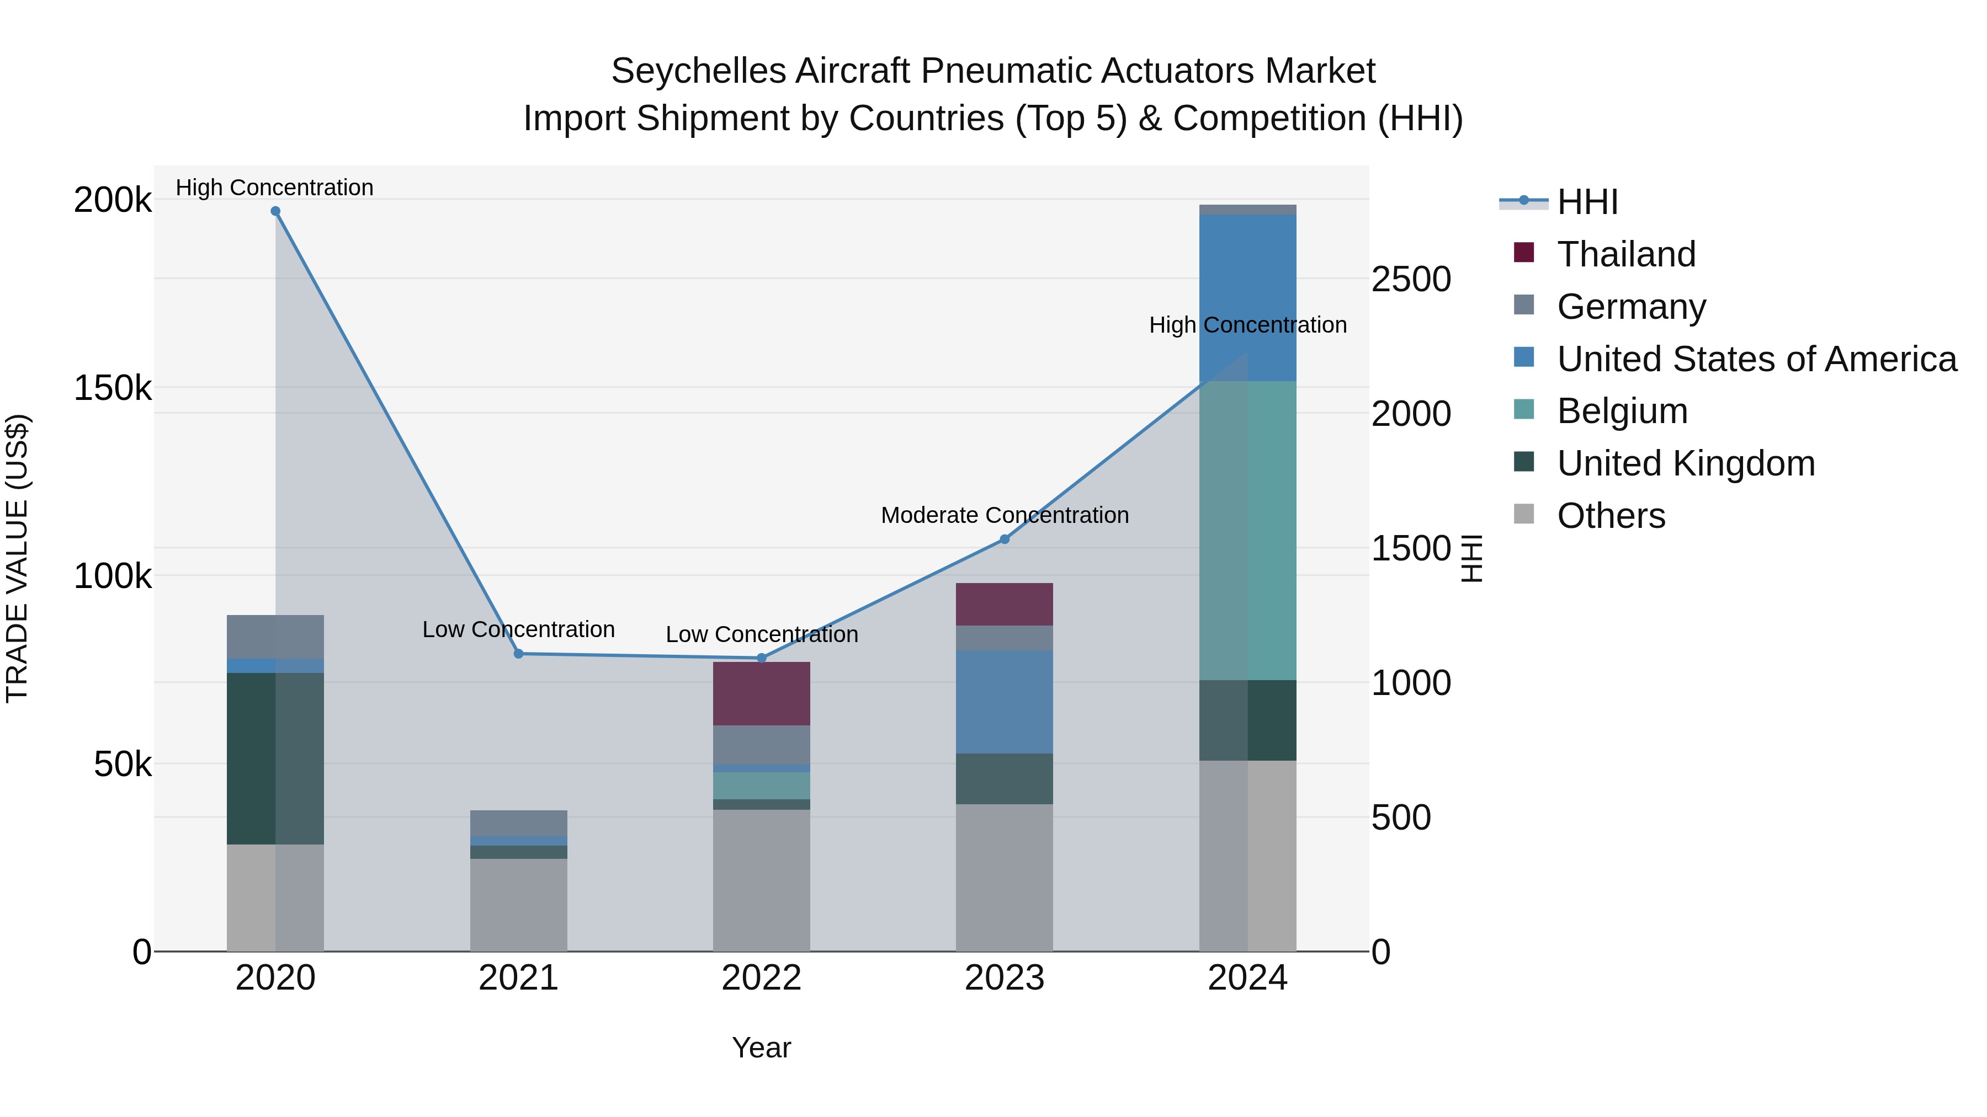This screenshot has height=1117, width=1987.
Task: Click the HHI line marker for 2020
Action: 275,211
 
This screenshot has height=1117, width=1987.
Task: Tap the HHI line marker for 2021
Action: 518,654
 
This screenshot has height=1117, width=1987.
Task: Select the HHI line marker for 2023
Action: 1005,539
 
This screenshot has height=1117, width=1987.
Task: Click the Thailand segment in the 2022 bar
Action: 761,693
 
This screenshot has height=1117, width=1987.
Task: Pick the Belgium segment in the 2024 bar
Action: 1247,530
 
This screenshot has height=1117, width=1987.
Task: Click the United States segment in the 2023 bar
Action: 1005,702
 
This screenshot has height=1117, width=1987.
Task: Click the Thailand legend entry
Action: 1626,254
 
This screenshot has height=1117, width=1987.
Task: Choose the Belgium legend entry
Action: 1622,411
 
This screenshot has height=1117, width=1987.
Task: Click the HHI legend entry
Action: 1587,202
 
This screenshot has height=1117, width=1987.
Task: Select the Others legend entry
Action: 1611,516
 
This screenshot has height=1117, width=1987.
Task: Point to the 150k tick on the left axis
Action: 113,388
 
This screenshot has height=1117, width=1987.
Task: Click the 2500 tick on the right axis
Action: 1411,279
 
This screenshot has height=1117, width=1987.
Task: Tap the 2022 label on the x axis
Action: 761,978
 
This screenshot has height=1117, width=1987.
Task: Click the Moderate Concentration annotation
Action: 1005,515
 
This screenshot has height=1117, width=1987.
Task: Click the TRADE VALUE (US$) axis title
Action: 18,558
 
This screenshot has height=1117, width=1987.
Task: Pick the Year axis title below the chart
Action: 761,1047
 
